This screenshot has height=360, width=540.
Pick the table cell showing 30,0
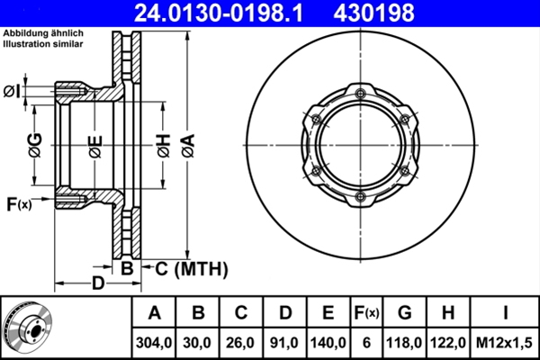(x=198, y=342)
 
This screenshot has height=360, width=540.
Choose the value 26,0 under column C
(x=241, y=342)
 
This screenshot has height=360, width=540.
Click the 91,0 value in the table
(x=284, y=342)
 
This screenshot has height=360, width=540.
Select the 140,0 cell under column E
(x=328, y=342)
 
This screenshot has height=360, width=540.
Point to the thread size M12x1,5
(x=505, y=342)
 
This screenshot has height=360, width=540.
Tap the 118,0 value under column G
(x=405, y=342)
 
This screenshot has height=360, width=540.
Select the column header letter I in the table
(x=505, y=312)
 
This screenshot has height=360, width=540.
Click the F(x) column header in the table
(x=366, y=313)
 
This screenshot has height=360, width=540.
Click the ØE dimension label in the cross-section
(x=94, y=147)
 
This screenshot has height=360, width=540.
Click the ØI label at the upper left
(x=13, y=90)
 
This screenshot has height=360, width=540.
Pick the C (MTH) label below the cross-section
(x=190, y=268)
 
